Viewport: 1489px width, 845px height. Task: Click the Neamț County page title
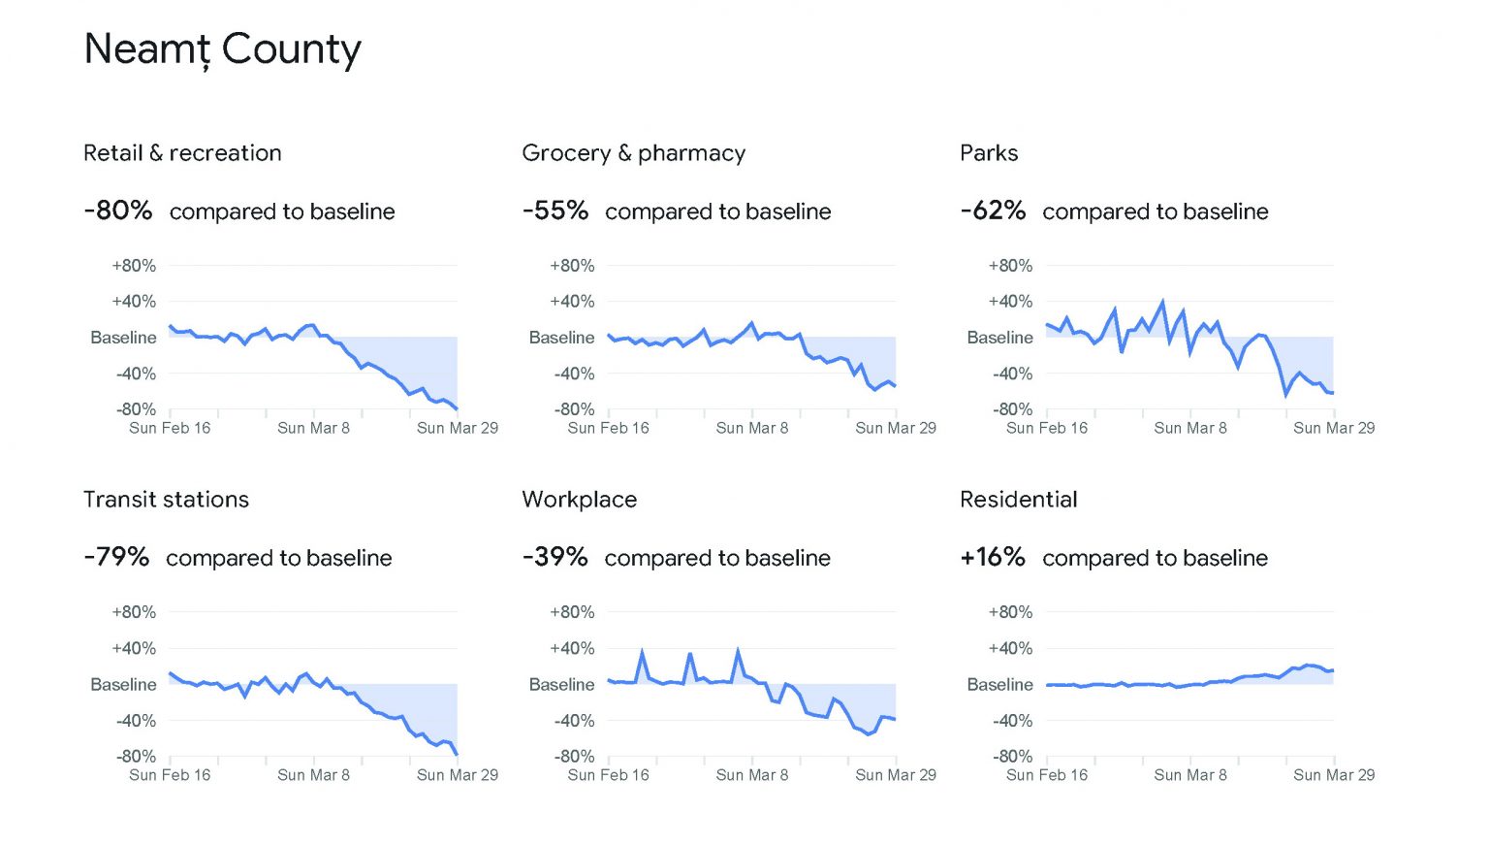tap(222, 49)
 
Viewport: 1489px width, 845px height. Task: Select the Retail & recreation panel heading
tap(182, 153)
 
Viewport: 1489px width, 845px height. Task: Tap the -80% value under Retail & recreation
tap(118, 211)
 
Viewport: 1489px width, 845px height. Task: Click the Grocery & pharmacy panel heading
tap(634, 153)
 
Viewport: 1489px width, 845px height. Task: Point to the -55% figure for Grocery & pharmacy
tap(555, 211)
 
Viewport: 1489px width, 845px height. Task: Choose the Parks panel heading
tap(989, 153)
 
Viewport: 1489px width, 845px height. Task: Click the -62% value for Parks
tap(993, 211)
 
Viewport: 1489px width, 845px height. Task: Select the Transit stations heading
tap(166, 500)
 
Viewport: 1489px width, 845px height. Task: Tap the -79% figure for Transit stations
tap(116, 557)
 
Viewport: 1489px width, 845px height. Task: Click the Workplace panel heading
tap(580, 500)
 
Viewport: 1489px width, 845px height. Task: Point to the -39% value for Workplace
tap(554, 557)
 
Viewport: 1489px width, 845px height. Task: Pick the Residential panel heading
tap(1019, 500)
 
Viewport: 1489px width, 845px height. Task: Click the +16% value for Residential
tap(993, 557)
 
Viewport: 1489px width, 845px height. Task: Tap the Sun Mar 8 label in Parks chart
tap(1190, 428)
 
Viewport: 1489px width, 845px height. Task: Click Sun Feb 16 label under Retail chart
tap(170, 428)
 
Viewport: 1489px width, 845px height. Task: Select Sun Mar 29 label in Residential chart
tap(1334, 775)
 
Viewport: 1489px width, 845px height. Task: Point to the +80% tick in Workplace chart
tap(572, 612)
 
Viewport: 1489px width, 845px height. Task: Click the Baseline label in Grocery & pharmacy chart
tap(561, 338)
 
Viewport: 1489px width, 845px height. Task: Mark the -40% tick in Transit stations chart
tap(136, 721)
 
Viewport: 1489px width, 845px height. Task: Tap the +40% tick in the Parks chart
tap(1010, 302)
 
